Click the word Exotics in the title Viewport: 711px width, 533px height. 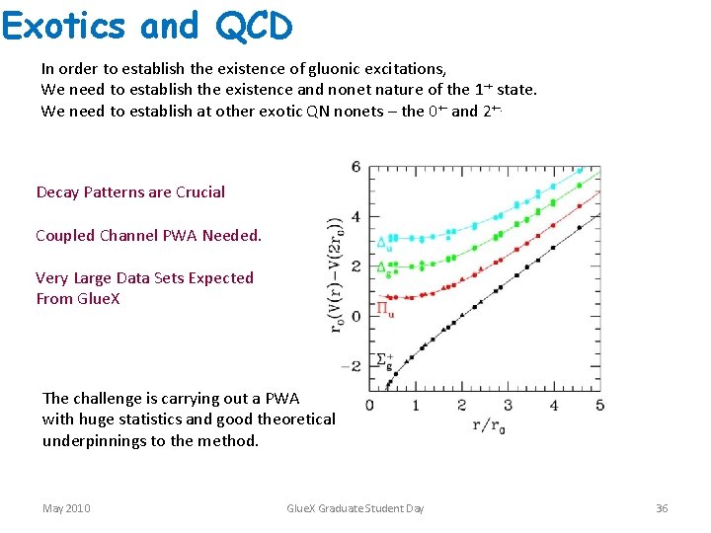click(65, 26)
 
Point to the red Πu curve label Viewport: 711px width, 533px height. click(385, 309)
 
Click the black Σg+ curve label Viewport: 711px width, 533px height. click(385, 361)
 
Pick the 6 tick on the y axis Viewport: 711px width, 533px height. click(356, 167)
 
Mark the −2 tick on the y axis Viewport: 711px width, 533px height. click(353, 365)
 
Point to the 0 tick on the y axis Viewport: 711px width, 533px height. click(356, 316)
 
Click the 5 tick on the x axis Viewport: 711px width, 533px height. click(599, 405)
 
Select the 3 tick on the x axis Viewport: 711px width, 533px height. click(508, 405)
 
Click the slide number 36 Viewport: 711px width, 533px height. click(662, 508)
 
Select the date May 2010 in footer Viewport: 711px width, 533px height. click(66, 508)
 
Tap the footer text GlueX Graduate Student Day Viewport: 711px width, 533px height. click(355, 508)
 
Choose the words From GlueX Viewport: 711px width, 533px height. click(78, 298)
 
